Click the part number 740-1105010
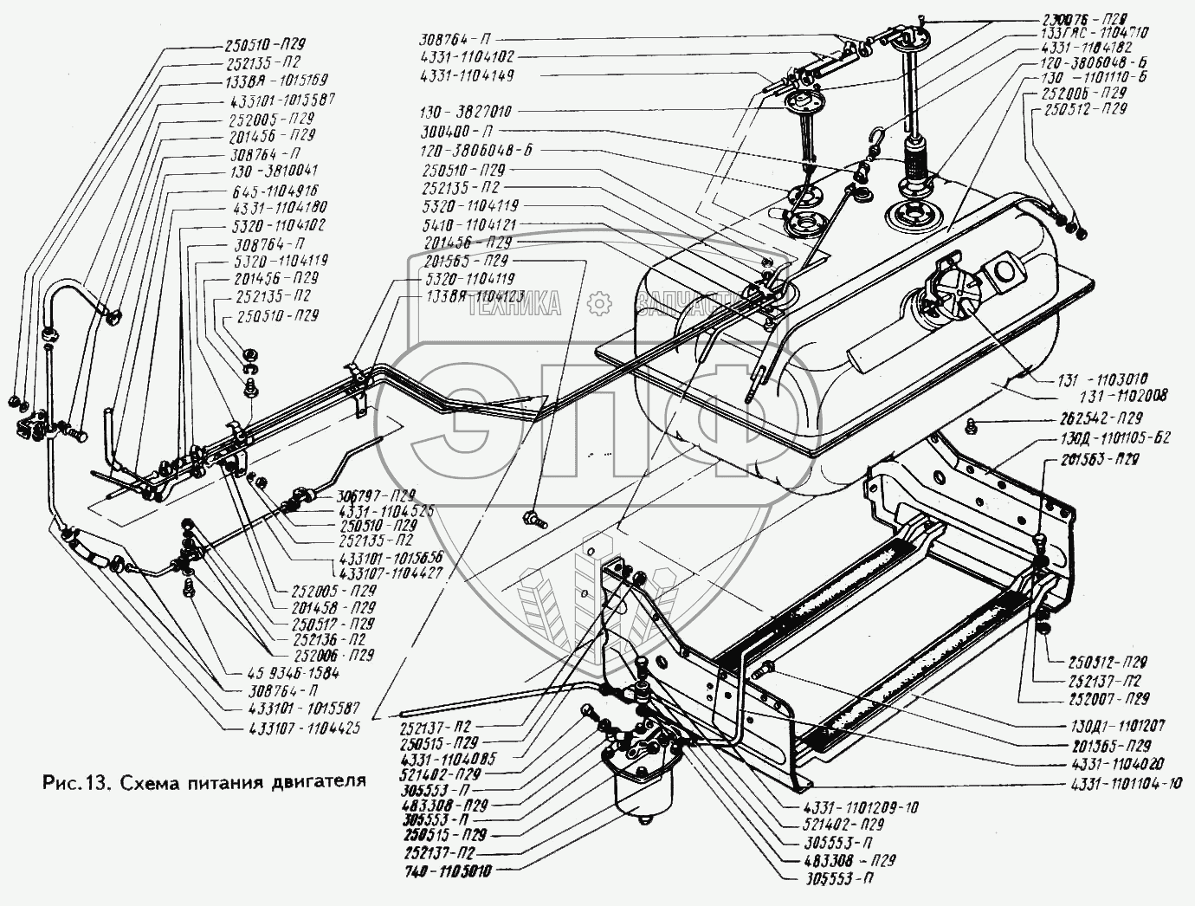coord(448,868)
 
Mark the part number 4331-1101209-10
coord(861,807)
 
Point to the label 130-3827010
coord(466,112)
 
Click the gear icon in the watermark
coord(596,303)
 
